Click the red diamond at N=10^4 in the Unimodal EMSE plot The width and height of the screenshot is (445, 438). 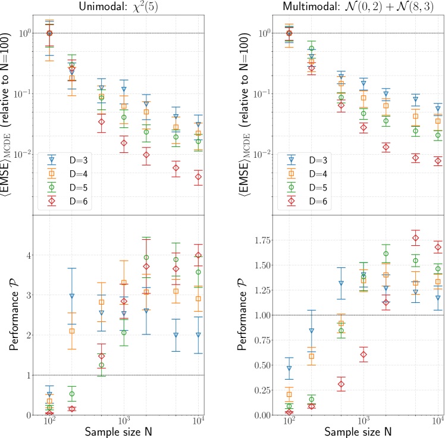198,177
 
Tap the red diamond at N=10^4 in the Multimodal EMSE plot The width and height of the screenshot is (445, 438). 438,161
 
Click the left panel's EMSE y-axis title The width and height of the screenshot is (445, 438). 12,113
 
